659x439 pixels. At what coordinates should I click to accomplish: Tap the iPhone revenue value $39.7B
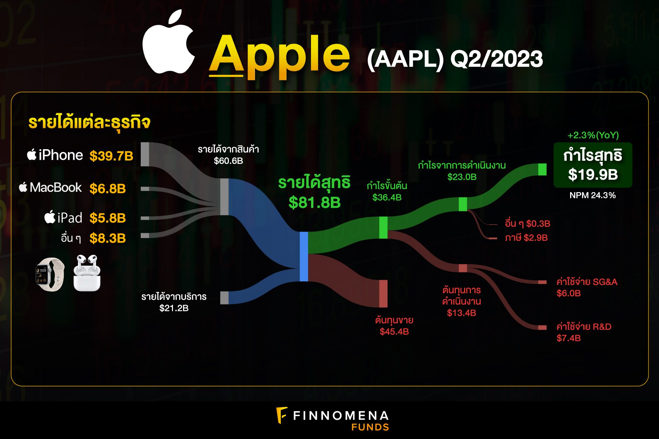point(111,156)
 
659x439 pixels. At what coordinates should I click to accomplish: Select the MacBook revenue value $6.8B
point(107,189)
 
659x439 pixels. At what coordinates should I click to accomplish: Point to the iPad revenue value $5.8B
point(107,218)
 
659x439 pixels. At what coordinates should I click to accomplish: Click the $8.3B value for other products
point(107,238)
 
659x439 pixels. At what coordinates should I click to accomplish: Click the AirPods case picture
point(87,273)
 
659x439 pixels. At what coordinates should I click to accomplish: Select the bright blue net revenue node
point(304,257)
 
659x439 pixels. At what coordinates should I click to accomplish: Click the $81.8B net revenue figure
point(314,202)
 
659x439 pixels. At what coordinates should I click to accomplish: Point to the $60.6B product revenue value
point(228,161)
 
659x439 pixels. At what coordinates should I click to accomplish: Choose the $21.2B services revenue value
point(174,308)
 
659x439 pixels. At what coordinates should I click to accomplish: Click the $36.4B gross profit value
point(387,198)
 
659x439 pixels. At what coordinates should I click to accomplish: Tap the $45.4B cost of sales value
point(394,332)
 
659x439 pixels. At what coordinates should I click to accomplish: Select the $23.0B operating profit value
point(462,177)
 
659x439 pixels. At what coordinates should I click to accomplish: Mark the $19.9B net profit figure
point(593,175)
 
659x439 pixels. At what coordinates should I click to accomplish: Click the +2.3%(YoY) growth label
point(593,135)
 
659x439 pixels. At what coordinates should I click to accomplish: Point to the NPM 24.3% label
point(592,195)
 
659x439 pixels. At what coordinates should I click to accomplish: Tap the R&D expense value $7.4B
point(568,338)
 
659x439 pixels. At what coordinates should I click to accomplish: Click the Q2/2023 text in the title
point(496,59)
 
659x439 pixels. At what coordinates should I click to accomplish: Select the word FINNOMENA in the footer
point(341,416)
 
